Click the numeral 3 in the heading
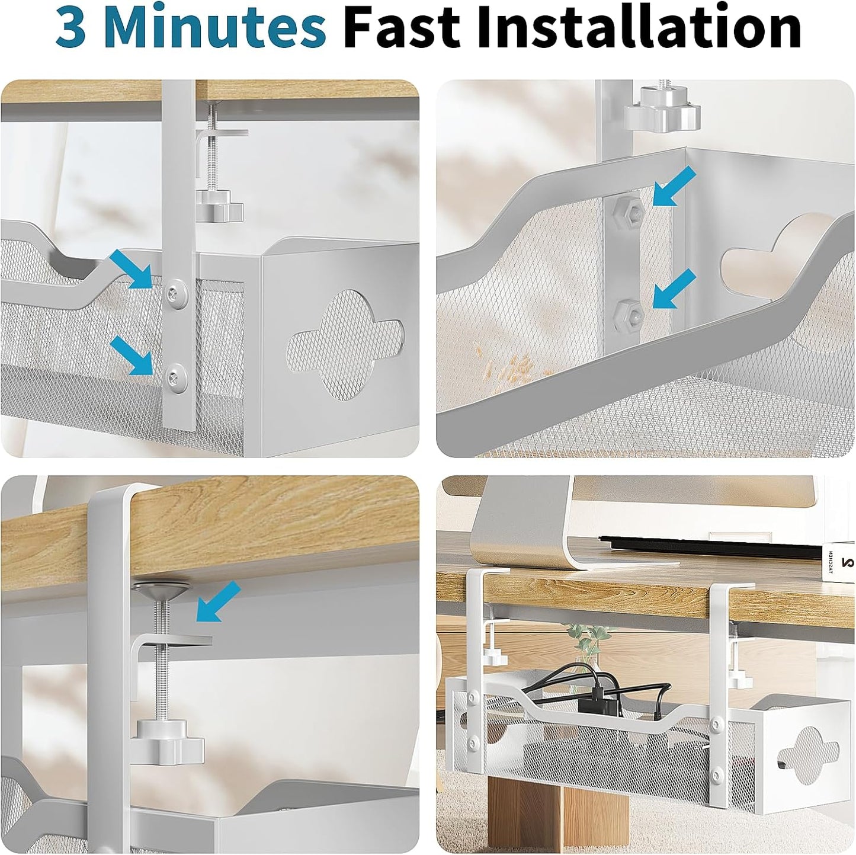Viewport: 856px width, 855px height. (70, 28)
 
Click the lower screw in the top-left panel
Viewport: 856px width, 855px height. (176, 374)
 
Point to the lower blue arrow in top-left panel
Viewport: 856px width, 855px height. (131, 356)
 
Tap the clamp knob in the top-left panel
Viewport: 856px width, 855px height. (219, 207)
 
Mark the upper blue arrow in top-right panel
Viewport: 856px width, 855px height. (675, 186)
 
